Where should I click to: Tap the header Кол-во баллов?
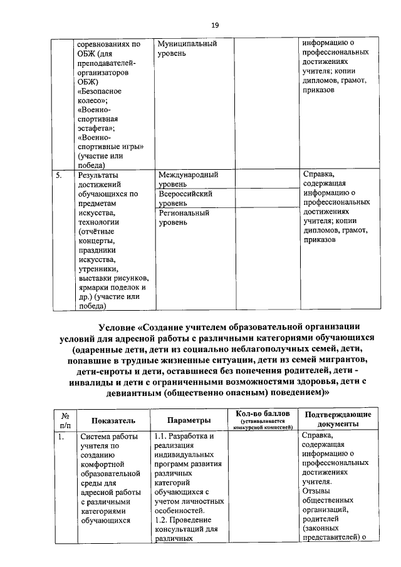tap(263, 414)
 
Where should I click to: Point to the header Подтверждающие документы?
tap(338, 419)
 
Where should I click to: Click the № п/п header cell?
tap(65, 419)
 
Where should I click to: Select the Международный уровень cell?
tap(188, 180)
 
